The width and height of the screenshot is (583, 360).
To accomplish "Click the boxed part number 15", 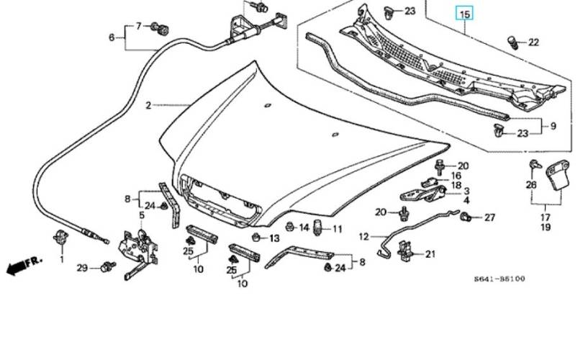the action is click(465, 14).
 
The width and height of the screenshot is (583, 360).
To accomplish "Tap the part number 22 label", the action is click(533, 42).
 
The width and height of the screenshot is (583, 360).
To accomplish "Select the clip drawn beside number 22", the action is click(513, 42).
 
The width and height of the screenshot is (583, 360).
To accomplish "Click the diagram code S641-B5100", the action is click(500, 279).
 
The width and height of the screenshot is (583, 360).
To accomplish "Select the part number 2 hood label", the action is click(148, 106).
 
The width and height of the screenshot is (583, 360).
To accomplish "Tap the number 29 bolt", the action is click(108, 266).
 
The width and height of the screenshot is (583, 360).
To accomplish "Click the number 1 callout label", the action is click(62, 259).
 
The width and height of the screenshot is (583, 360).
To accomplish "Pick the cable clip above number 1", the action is click(61, 238).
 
